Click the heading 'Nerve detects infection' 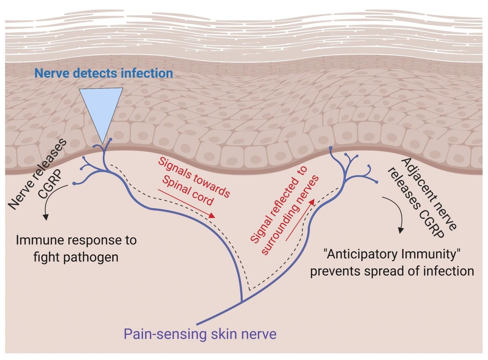(103, 73)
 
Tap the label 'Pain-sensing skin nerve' (200, 334)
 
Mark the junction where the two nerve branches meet (242, 301)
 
